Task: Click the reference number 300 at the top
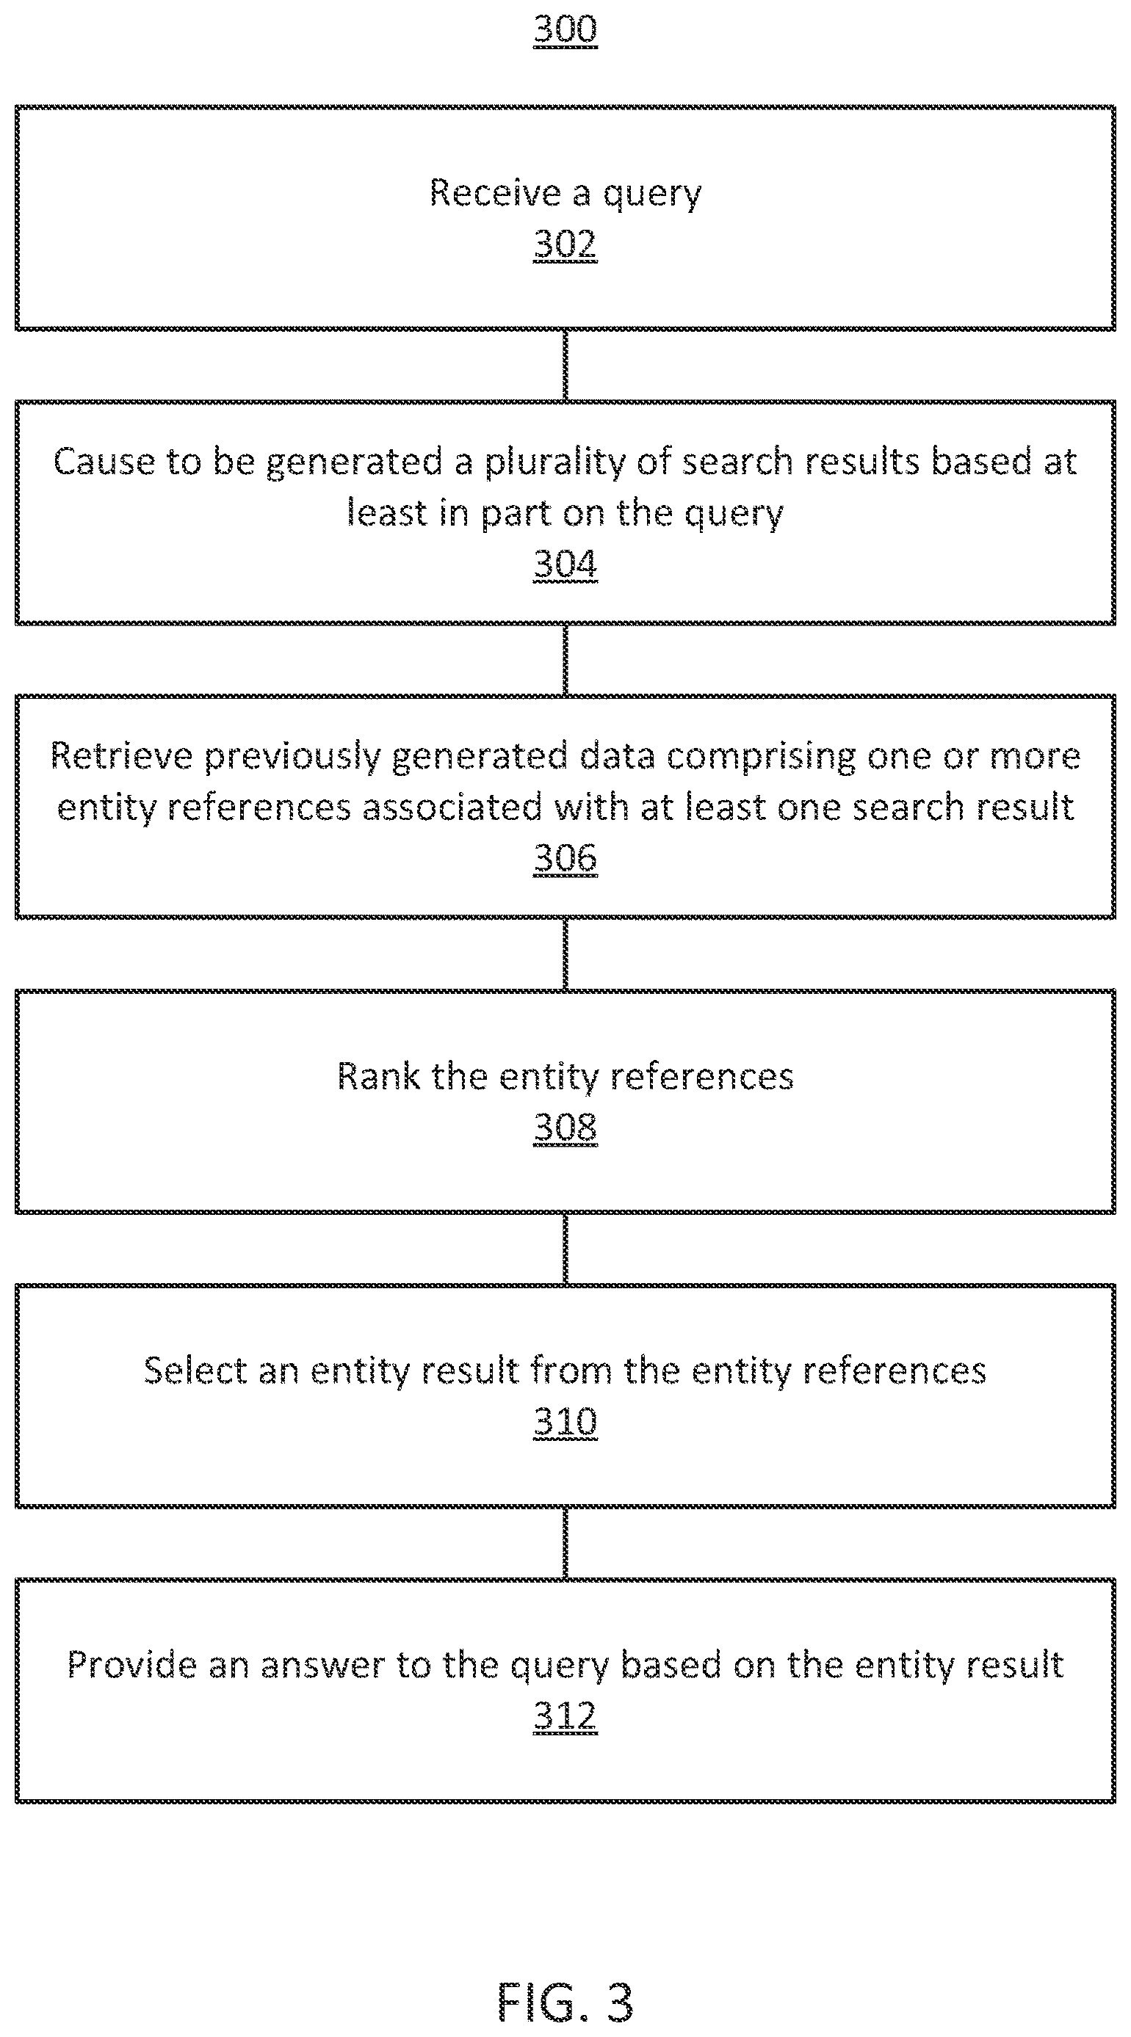click(565, 29)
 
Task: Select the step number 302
click(565, 244)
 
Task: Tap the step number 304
click(565, 564)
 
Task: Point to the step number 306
click(565, 859)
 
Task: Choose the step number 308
click(565, 1128)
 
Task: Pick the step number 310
click(565, 1422)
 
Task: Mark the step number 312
click(565, 1716)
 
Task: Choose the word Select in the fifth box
click(195, 1371)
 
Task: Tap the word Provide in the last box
click(132, 1666)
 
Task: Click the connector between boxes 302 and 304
click(565, 366)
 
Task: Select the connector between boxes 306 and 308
click(565, 954)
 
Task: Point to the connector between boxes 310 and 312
click(565, 1543)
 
